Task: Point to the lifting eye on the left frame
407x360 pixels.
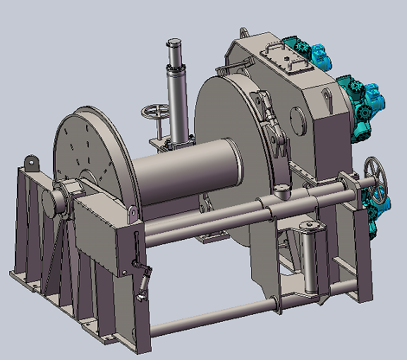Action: pos(32,162)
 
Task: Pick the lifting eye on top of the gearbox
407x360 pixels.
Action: pos(244,32)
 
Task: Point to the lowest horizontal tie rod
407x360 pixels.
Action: pos(212,318)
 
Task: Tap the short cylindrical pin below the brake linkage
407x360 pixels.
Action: pos(282,191)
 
